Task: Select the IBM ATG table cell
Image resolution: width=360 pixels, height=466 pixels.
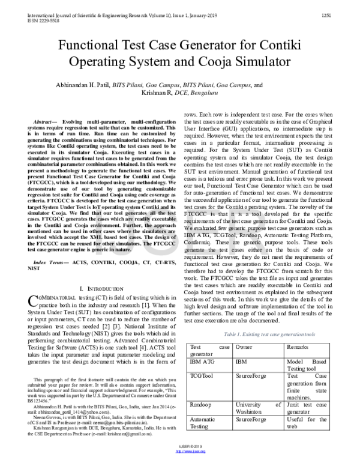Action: (x=203, y=363)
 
